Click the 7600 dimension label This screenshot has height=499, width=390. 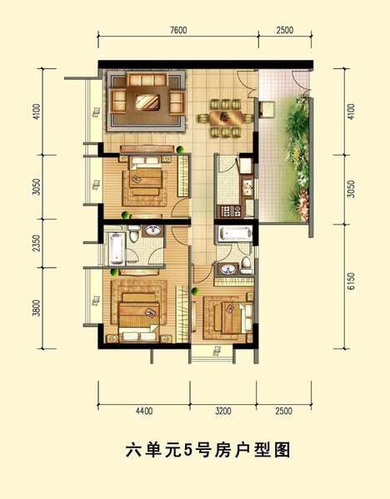178,30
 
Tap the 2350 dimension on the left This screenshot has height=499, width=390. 37,243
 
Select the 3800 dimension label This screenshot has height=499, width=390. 37,308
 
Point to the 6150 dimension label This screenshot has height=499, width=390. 351,281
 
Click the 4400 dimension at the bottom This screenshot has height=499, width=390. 144,411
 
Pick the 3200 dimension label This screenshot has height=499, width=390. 222,411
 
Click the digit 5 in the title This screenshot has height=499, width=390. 188,451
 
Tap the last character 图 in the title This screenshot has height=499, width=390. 282,450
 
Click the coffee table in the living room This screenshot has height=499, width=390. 147,102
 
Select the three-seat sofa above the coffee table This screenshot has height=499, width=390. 147,79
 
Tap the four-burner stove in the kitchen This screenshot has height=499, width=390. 230,211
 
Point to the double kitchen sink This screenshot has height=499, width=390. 247,188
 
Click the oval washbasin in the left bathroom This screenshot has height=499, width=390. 153,230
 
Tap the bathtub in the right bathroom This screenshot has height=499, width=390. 235,233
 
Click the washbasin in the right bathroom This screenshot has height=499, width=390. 228,269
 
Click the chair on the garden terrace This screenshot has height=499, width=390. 267,109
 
